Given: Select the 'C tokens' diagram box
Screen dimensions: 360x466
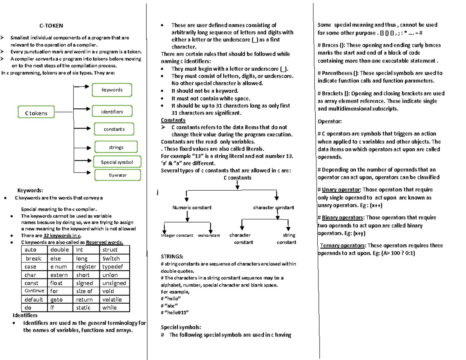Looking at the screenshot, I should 37,113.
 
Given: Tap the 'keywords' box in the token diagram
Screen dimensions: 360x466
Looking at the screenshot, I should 112,90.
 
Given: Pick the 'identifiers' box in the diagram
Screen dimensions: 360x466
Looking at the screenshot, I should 112,112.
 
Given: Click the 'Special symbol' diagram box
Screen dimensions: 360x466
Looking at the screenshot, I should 116,162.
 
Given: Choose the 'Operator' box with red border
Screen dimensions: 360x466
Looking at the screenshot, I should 117,175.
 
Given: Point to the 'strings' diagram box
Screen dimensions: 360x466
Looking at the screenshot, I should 116,147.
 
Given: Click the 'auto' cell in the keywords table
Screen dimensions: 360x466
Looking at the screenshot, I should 30,250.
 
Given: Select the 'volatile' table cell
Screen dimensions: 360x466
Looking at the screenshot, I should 112,299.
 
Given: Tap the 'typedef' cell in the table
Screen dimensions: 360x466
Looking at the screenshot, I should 112,267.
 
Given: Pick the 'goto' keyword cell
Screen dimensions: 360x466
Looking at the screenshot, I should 56,299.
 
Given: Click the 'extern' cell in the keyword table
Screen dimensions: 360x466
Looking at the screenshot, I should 59,275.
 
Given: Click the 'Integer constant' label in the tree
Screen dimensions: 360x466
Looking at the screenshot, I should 177,235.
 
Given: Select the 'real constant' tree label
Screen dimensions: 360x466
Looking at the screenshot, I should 209,235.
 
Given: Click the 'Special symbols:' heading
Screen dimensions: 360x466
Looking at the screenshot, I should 181,327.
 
